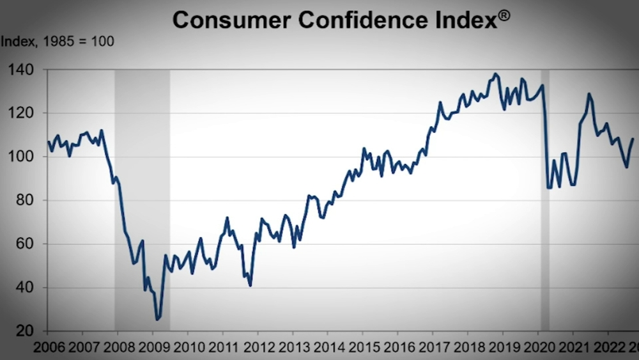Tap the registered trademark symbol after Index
tap(504, 15)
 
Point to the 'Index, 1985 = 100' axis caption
tap(57, 42)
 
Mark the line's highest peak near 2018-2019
tap(497, 74)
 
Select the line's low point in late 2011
tap(250, 285)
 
